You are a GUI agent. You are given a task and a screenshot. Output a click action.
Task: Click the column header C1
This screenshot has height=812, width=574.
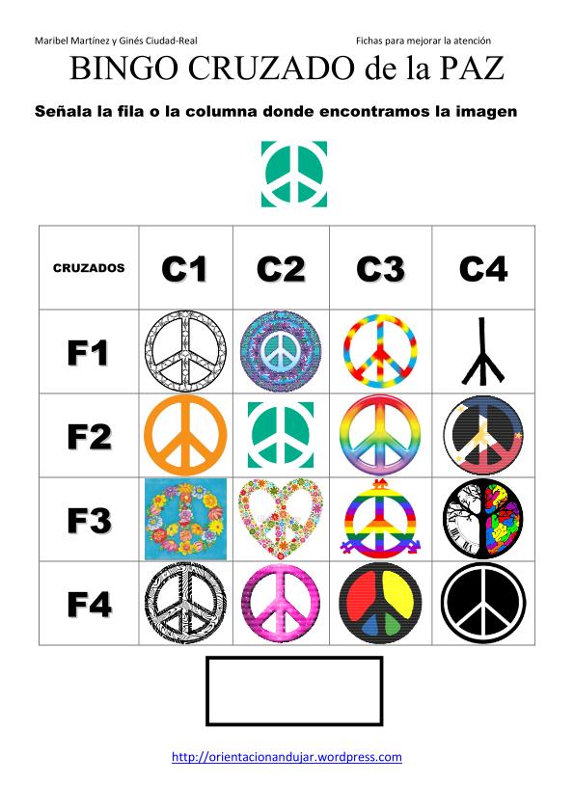pyautogui.click(x=184, y=269)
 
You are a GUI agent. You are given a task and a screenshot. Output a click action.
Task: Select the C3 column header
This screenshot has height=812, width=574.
pyautogui.click(x=380, y=269)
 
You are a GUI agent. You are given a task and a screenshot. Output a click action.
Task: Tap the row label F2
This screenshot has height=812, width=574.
pyautogui.click(x=89, y=437)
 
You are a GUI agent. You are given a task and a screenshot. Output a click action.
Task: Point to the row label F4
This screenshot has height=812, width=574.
pyautogui.click(x=89, y=605)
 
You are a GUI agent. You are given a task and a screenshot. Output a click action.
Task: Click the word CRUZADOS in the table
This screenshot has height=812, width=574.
pyautogui.click(x=89, y=268)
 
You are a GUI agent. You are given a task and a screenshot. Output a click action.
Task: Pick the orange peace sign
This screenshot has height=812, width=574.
pyautogui.click(x=185, y=436)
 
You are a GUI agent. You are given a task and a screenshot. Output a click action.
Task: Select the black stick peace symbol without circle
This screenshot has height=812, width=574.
pyautogui.click(x=482, y=352)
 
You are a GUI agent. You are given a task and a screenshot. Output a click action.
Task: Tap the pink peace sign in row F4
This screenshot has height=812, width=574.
pyautogui.click(x=281, y=604)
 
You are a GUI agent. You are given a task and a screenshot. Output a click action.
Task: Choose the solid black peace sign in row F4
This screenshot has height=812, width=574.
pyautogui.click(x=483, y=604)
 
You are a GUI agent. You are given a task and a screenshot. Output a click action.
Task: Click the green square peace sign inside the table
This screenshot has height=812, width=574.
pyautogui.click(x=281, y=435)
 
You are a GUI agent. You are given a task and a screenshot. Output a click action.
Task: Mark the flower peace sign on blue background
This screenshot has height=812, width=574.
pyautogui.click(x=185, y=520)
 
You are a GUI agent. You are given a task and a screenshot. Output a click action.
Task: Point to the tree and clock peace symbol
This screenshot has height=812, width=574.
pyautogui.click(x=483, y=520)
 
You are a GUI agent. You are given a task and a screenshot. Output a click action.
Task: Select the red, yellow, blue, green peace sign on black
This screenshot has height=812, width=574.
pyautogui.click(x=380, y=604)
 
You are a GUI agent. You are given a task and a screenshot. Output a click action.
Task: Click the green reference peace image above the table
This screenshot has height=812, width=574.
pyautogui.click(x=294, y=174)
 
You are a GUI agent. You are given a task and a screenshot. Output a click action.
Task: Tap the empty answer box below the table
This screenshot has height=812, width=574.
pyautogui.click(x=294, y=690)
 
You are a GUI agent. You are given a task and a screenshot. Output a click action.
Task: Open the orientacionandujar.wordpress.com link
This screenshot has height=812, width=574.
pyautogui.click(x=287, y=757)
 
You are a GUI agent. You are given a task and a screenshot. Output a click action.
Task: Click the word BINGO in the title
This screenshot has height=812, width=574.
pyautogui.click(x=124, y=68)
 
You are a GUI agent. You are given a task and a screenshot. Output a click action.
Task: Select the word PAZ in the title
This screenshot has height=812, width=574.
pyautogui.click(x=472, y=68)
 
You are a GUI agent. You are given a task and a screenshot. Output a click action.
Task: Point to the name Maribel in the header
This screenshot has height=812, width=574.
pyautogui.click(x=51, y=41)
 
